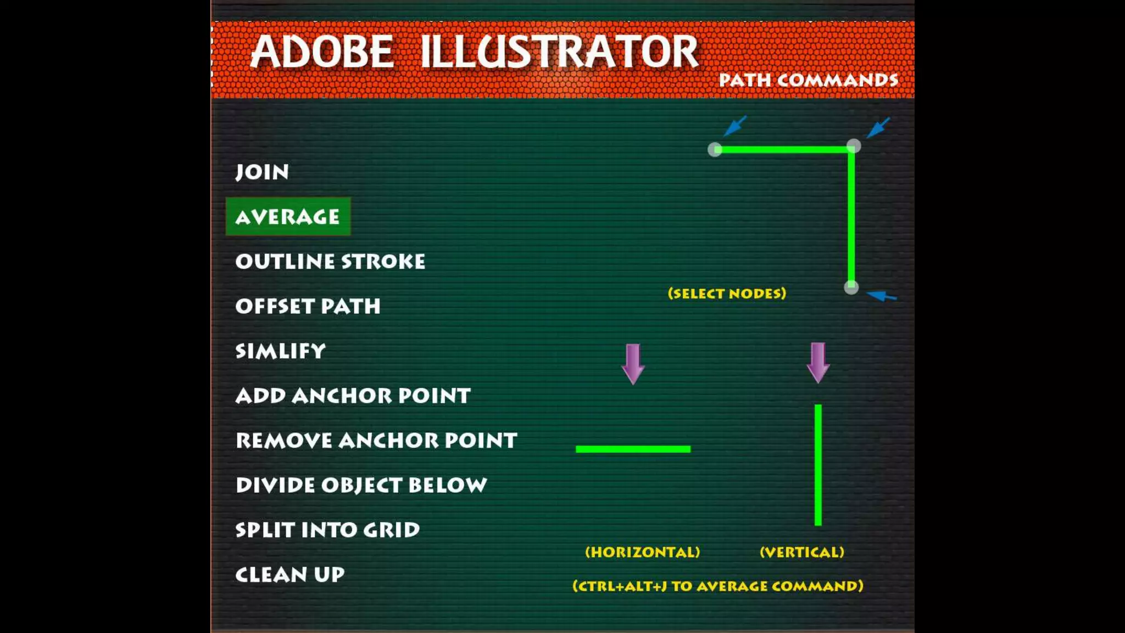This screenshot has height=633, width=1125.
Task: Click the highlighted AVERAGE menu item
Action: pos(288,217)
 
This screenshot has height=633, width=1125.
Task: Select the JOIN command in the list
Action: pos(262,172)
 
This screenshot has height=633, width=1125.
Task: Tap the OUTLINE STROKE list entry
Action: pos(330,262)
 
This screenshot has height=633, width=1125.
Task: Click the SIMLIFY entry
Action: pos(280,351)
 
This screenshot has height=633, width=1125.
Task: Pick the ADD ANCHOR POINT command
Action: pos(353,396)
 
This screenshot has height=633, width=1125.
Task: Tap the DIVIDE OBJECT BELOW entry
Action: pos(361,485)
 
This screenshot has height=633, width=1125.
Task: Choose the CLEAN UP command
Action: pos(289,575)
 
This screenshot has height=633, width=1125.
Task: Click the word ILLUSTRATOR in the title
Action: pos(559,52)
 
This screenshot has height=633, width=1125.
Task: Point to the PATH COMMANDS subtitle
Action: pos(809,80)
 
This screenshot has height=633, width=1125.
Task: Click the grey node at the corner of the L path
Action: pos(853,146)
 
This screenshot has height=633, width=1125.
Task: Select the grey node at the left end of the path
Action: pos(715,149)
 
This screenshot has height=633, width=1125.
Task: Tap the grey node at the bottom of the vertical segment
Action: pos(851,287)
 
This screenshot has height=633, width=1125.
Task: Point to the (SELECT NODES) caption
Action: pos(727,293)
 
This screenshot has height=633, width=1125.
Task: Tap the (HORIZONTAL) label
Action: pos(642,552)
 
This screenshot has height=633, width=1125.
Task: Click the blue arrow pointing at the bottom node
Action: pos(882,297)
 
